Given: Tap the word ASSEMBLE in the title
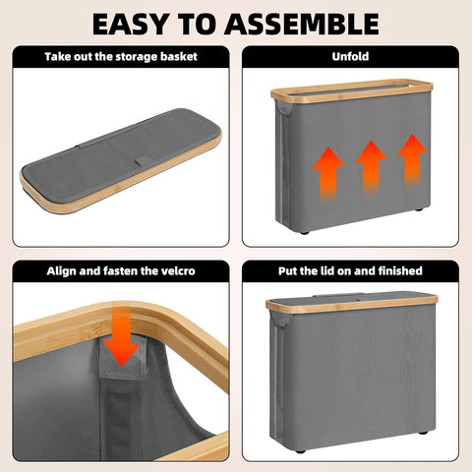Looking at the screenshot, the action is (x=302, y=24).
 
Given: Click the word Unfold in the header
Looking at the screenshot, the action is (x=350, y=56).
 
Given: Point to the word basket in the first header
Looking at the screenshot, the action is (x=179, y=57).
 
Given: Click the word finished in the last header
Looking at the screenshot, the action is (x=400, y=271).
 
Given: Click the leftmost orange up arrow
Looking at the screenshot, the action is (x=327, y=173).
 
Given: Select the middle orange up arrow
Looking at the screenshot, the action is (x=371, y=166).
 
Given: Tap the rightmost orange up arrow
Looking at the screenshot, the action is (x=412, y=160).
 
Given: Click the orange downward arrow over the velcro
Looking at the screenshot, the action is (x=121, y=337).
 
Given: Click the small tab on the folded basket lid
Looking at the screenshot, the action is (x=144, y=160).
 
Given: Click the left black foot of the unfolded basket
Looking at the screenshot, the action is (x=305, y=233).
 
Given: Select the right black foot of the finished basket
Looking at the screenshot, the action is (x=423, y=433).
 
